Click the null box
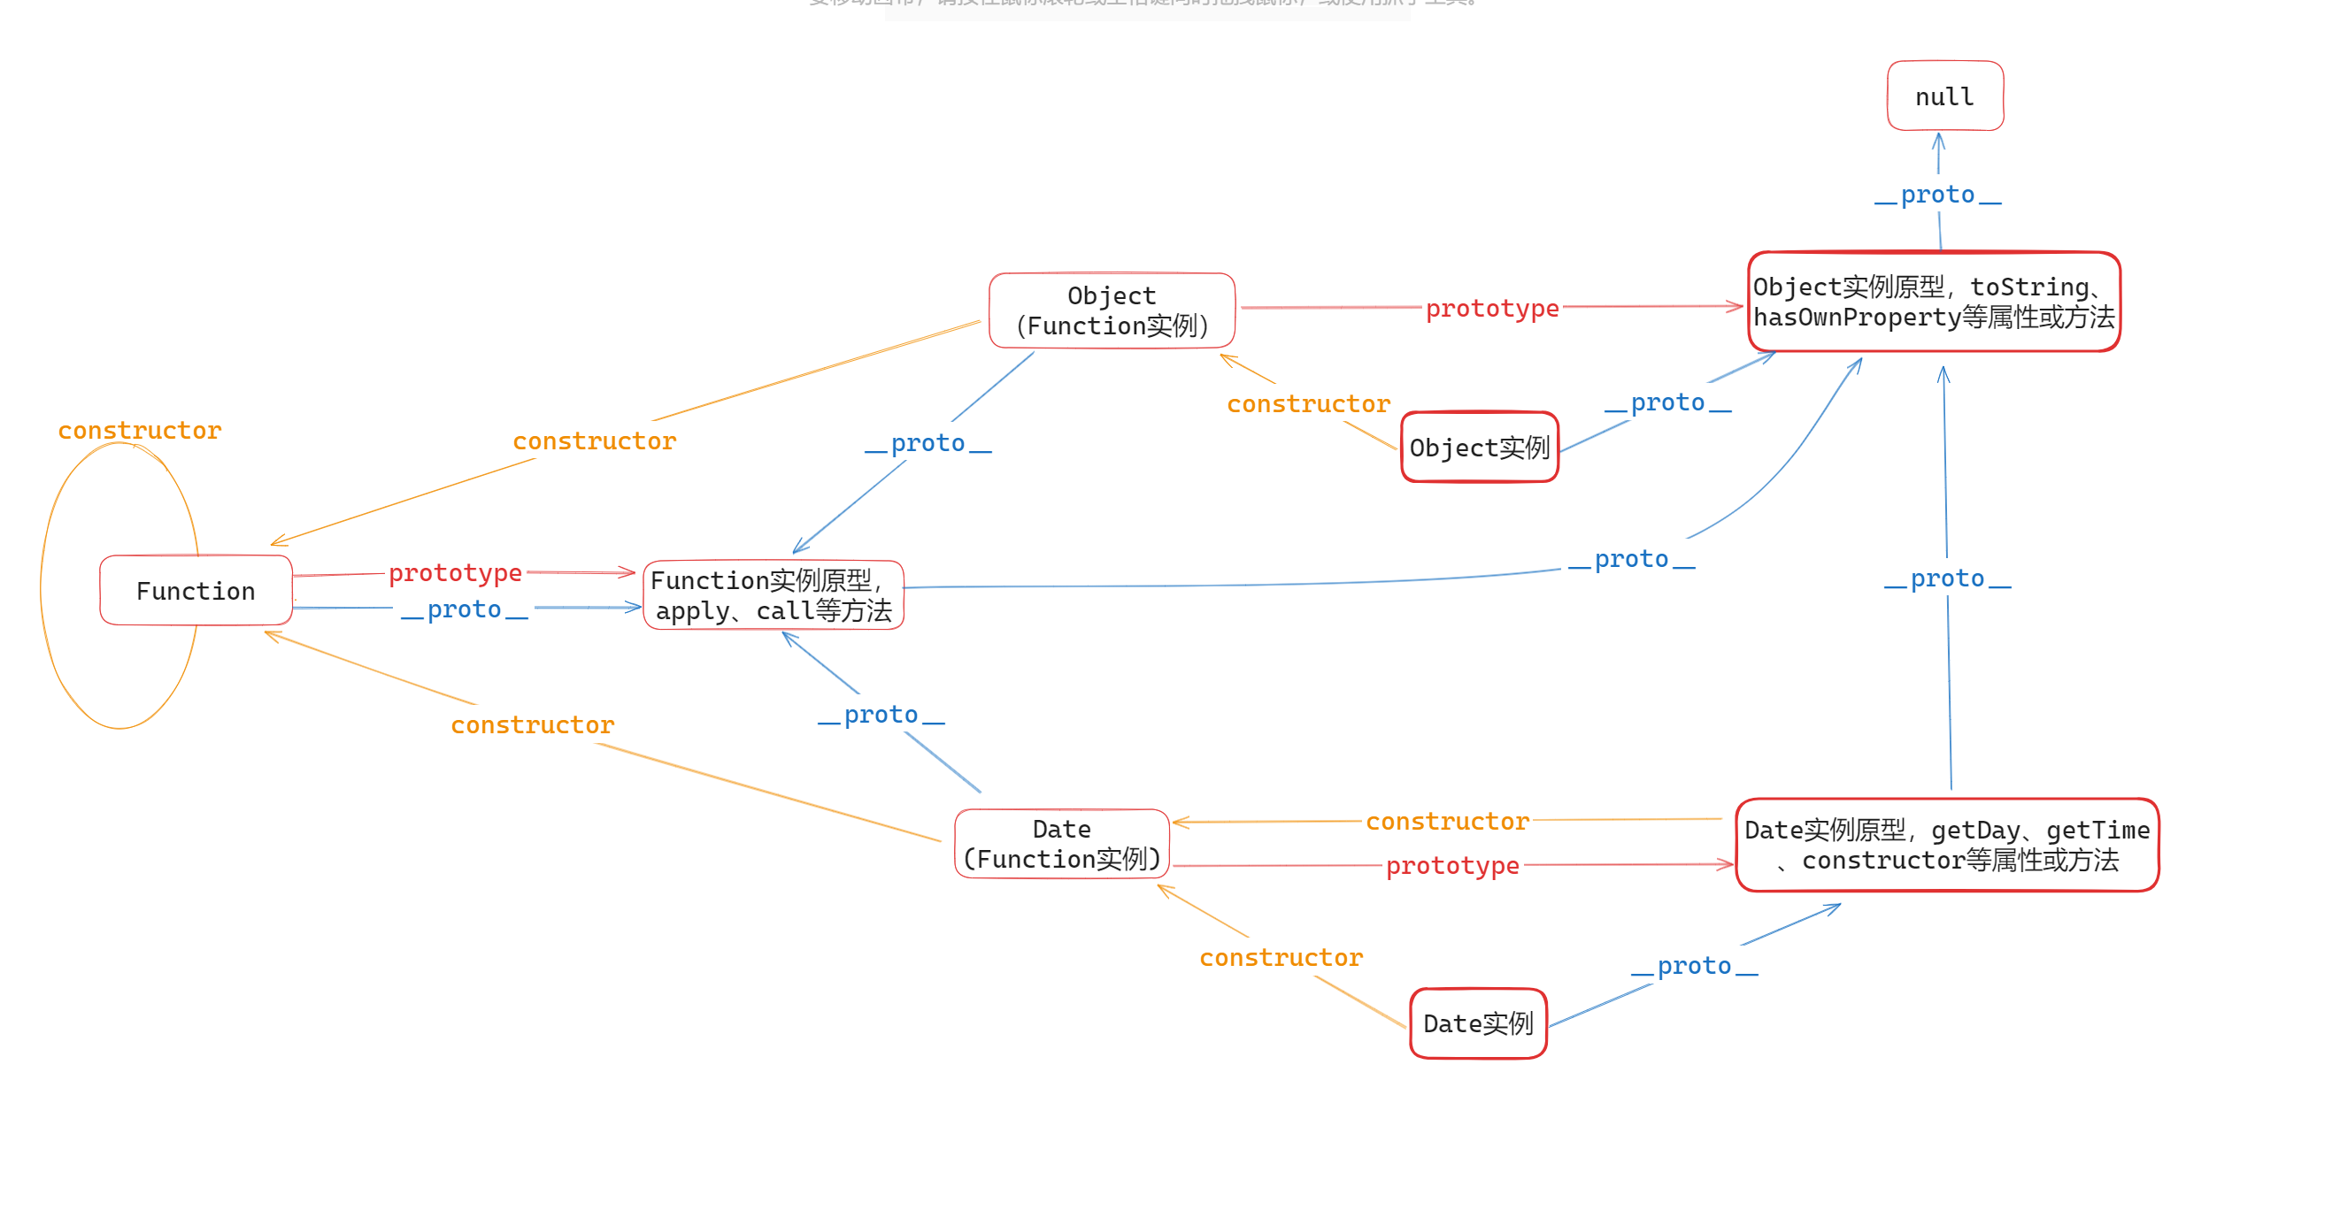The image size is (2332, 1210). [1944, 96]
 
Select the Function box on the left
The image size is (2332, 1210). [196, 590]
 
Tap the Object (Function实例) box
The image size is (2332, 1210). [1112, 310]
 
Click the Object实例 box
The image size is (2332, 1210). [1479, 447]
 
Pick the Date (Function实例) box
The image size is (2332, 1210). [1062, 844]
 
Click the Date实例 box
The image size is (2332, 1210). [1477, 1022]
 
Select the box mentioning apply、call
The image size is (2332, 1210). [773, 594]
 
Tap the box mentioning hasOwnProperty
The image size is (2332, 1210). [1934, 302]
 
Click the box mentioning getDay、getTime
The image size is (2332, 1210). [1946, 845]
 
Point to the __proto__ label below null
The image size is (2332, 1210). [1937, 195]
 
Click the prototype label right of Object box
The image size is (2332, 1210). [1492, 309]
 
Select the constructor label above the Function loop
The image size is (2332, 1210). [140, 430]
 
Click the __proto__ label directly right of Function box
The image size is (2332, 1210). [465, 609]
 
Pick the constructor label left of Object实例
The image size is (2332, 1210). [1308, 403]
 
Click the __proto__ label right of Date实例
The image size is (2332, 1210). [1694, 966]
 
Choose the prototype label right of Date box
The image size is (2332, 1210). [1452, 865]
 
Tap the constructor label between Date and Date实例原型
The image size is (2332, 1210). [1447, 821]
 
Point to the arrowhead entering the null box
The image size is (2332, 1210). [1938, 139]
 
